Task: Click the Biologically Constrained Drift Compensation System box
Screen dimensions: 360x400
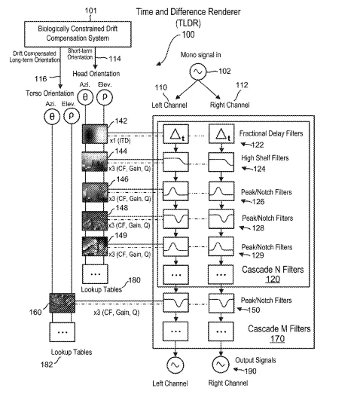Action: click(x=78, y=34)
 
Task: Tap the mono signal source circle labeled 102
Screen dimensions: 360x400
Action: click(x=198, y=72)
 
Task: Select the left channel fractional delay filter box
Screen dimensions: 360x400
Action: click(x=175, y=134)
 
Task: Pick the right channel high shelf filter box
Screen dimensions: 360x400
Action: click(x=221, y=162)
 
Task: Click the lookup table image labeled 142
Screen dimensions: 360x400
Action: click(x=95, y=134)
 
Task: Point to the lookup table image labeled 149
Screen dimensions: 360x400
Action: click(x=95, y=246)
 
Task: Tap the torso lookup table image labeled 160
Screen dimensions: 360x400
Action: click(x=63, y=303)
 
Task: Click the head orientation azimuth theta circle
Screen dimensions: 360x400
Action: click(x=85, y=97)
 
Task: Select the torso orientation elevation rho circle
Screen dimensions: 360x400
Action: click(x=72, y=116)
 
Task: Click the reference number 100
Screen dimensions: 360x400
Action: click(x=188, y=35)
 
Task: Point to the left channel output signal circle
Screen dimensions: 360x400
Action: click(x=175, y=365)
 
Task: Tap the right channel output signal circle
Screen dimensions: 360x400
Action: click(x=221, y=365)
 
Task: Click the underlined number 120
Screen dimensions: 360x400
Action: click(x=273, y=279)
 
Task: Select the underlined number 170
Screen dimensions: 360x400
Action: click(x=277, y=338)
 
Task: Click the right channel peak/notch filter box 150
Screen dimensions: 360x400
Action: click(x=221, y=303)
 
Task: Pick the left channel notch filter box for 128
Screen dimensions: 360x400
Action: click(x=175, y=219)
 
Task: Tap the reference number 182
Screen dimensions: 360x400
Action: click(x=47, y=365)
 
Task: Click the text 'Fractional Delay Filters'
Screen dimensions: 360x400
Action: click(x=271, y=133)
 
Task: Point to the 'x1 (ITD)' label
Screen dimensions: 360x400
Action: click(x=120, y=141)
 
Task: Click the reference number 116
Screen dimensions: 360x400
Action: click(x=41, y=79)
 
